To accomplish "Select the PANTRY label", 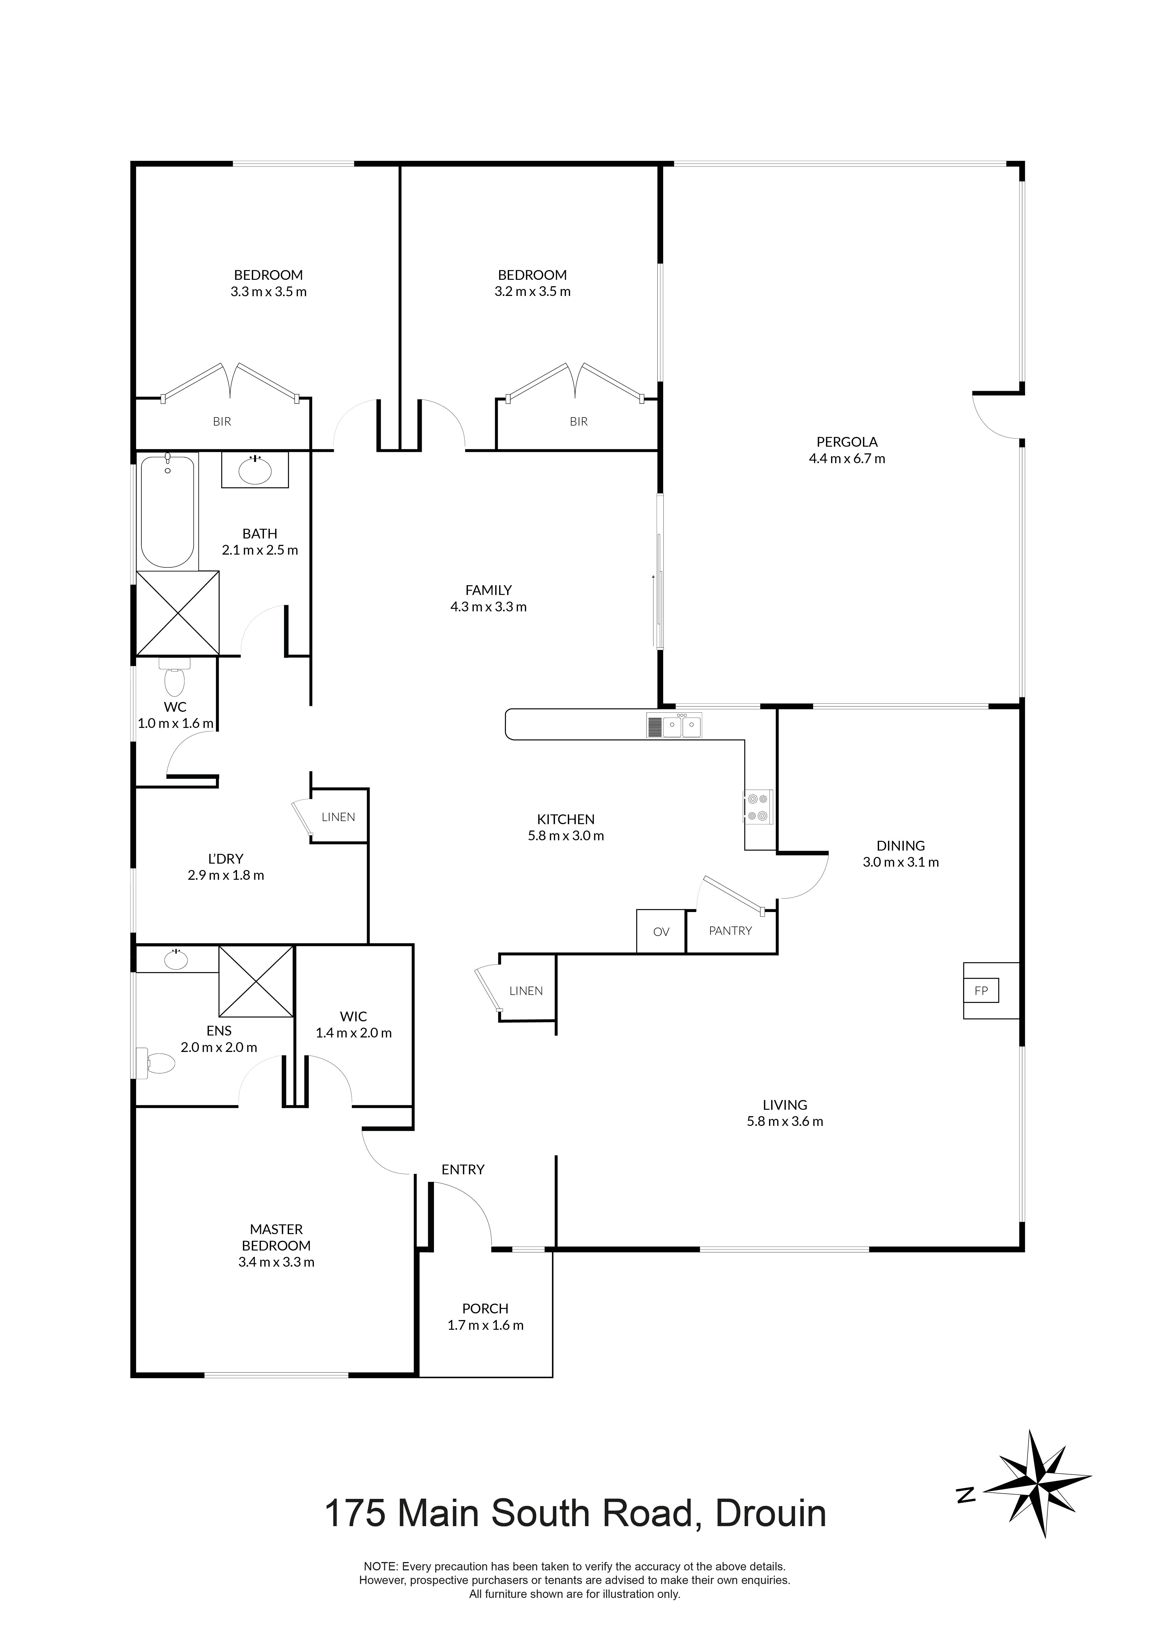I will click(730, 931).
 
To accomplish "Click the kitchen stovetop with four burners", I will click(758, 807).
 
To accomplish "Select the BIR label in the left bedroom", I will click(222, 421).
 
